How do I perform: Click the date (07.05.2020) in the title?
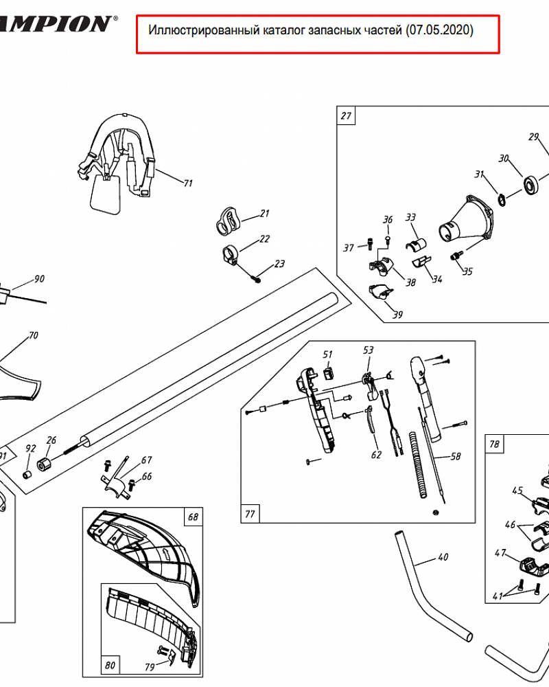point(439,31)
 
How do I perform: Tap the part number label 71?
point(187,183)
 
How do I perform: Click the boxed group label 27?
point(346,116)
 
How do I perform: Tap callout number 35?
point(467,271)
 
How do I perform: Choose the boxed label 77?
point(250,513)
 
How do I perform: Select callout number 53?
point(369,350)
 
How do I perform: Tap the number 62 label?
point(376,454)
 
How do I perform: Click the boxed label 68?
point(193,517)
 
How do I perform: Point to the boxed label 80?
point(110,665)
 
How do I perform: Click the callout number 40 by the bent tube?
point(443,557)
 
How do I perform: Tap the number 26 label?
point(51,440)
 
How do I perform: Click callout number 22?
point(264,240)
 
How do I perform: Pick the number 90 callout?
point(39,279)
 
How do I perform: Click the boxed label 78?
point(494,444)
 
